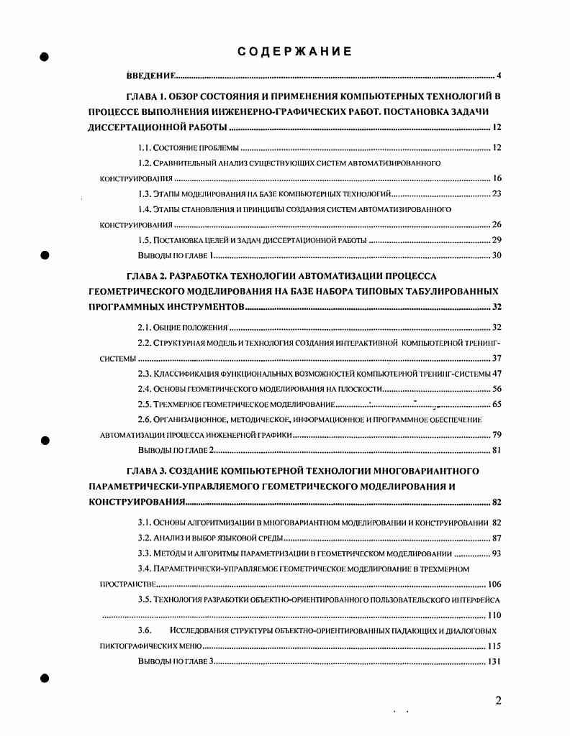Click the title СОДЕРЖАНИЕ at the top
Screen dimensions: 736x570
(294, 52)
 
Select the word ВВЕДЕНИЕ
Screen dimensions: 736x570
(152, 75)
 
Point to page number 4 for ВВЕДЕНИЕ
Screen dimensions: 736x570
(499, 75)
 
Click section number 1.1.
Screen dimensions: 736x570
(145, 148)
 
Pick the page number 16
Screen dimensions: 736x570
(496, 178)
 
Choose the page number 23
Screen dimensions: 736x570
(496, 194)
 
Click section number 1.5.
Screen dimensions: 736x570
(145, 239)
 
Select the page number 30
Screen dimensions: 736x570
(496, 255)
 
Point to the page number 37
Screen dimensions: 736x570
(496, 357)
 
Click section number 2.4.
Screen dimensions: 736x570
(145, 388)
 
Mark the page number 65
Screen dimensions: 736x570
(496, 404)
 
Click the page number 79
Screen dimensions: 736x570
(496, 434)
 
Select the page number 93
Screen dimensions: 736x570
(496, 553)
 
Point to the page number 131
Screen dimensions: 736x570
(494, 661)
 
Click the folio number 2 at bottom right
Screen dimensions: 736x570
(498, 701)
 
